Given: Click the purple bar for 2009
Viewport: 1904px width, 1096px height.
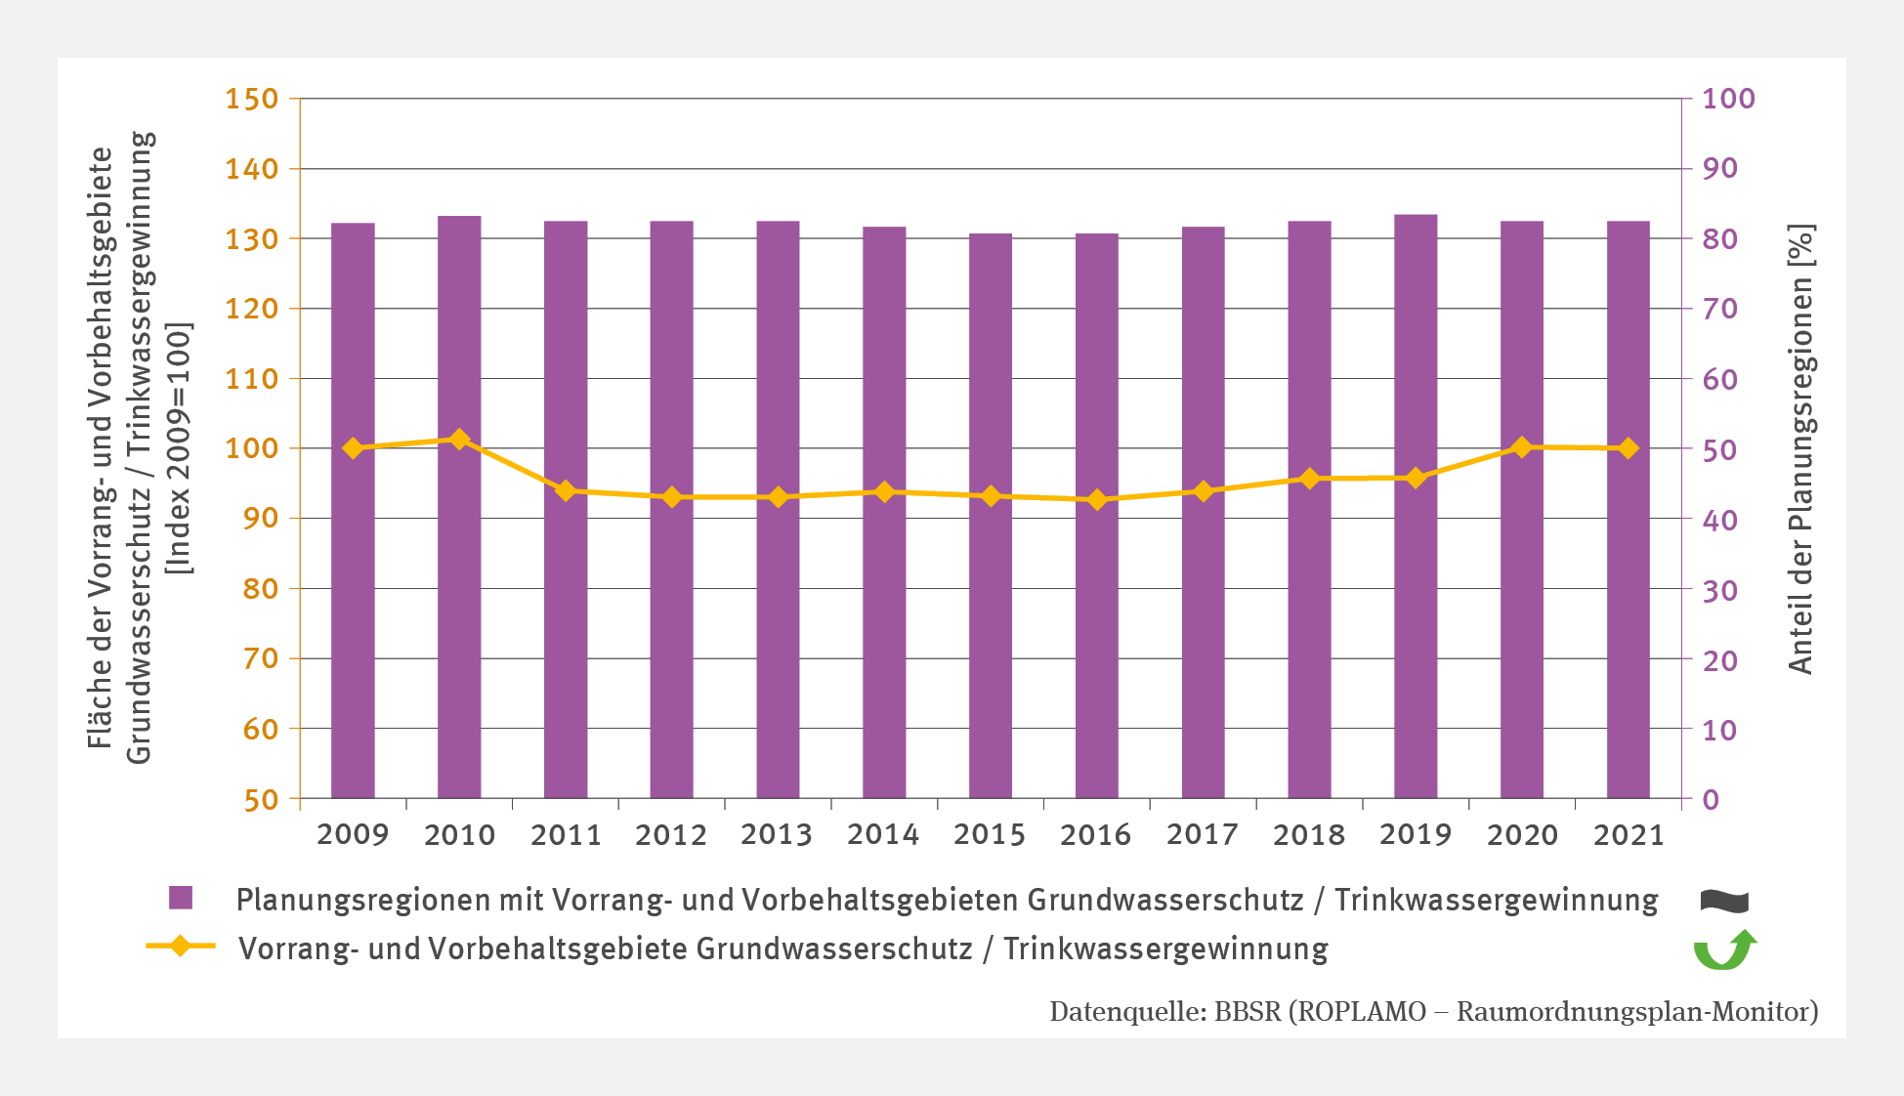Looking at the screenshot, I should pyautogui.click(x=353, y=510).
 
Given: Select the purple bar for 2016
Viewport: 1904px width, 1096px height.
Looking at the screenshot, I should pyautogui.click(x=1096, y=515).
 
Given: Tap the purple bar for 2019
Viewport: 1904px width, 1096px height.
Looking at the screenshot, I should pyautogui.click(x=1416, y=506).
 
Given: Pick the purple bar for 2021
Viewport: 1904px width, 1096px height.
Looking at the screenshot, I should pyautogui.click(x=1628, y=509).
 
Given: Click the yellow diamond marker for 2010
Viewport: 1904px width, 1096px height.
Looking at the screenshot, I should pyautogui.click(x=459, y=440).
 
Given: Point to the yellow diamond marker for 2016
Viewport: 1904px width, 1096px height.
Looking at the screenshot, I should pyautogui.click(x=1096, y=500).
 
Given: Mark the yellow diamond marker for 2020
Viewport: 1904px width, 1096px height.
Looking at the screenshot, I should pyautogui.click(x=1521, y=447).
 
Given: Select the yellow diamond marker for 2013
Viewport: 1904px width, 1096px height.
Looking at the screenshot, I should pyautogui.click(x=778, y=497).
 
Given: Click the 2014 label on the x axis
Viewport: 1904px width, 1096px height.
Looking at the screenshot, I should pyautogui.click(x=883, y=835).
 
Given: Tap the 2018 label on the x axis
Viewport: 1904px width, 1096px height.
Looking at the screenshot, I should pyautogui.click(x=1308, y=835).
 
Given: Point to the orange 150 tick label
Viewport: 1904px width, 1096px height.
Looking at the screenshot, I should pyautogui.click(x=251, y=99).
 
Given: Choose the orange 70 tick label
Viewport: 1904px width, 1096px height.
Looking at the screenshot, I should pyautogui.click(x=260, y=658).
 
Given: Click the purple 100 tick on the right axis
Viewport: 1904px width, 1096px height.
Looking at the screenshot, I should pyautogui.click(x=1728, y=99).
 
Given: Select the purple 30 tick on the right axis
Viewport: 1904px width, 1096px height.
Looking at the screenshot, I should pyautogui.click(x=1719, y=590).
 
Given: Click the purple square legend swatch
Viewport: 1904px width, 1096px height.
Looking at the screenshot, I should pyautogui.click(x=181, y=898).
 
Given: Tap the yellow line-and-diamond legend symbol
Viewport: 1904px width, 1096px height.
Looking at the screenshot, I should pyautogui.click(x=181, y=947).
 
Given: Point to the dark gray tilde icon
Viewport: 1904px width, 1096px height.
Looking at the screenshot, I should pyautogui.click(x=1724, y=901).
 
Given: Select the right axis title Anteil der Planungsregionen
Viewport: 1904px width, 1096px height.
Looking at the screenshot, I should pyautogui.click(x=1800, y=449).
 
